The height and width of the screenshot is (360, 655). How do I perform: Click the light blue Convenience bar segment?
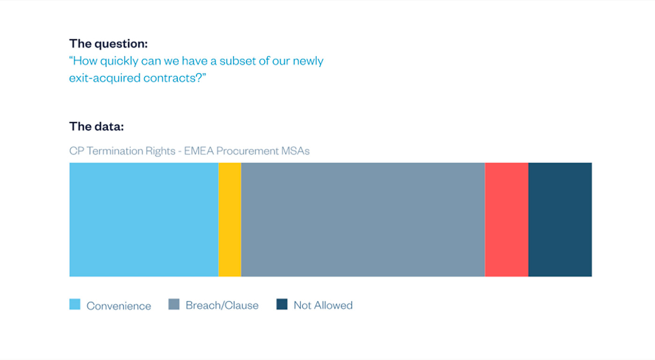pos(144,220)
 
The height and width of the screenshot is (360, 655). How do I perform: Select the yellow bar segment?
pos(230,220)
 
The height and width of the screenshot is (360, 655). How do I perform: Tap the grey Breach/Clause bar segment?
pos(363,220)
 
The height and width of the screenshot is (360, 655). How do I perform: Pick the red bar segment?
pos(507,220)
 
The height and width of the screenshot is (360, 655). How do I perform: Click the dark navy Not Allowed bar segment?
pos(560,220)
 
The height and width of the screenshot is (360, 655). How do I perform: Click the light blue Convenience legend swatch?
pos(75,304)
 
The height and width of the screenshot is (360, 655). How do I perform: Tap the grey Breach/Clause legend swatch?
pos(174,304)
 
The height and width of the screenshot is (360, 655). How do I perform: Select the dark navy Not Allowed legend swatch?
pos(282,304)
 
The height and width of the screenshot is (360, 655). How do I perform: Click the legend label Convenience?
pos(119,306)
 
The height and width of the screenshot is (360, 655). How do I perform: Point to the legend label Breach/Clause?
pos(222,305)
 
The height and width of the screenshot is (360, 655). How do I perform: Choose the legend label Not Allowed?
pos(323,305)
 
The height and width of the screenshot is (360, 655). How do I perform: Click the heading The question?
pos(109,44)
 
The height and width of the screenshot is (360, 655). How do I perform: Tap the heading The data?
pos(96,126)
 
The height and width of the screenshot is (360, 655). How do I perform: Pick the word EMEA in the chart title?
pos(199,151)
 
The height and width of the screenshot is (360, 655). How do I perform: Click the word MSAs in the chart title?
pos(295,151)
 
